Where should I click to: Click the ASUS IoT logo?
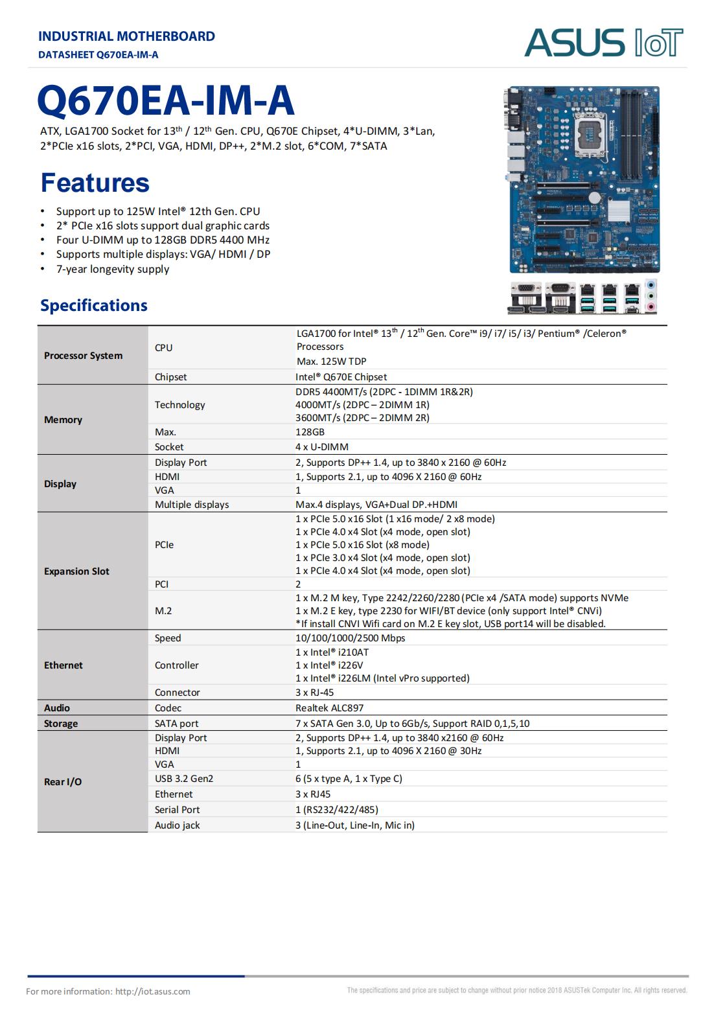coord(603,42)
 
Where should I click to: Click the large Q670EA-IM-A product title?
coord(166,100)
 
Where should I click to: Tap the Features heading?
coord(95,183)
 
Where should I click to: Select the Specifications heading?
coord(94,305)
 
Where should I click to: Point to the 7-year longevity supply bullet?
coord(112,269)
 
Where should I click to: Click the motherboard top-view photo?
coord(582,179)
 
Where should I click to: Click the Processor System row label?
coord(83,355)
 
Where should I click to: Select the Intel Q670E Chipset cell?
coord(341,376)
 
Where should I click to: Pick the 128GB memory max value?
coord(310,431)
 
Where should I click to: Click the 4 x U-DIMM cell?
coord(322,446)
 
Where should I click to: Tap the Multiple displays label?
coord(192,504)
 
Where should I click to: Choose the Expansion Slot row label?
coord(76,571)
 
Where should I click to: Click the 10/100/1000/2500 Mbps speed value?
coord(350,637)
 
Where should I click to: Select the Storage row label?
coord(61,723)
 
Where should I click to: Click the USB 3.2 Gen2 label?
coord(184,778)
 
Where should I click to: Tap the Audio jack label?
coord(177,825)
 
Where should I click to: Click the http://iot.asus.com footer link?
coord(153,991)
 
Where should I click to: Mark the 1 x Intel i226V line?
coord(329,665)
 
